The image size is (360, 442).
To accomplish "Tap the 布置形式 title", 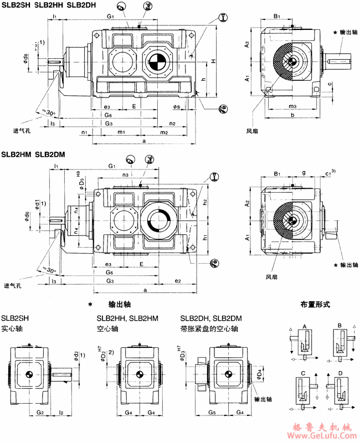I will [x=315, y=305].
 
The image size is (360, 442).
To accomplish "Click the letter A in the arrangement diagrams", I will [x=304, y=327].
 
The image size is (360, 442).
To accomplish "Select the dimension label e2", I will [x=177, y=282].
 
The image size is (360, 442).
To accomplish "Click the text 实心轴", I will [x=11, y=328].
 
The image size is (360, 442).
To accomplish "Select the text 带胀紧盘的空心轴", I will [x=209, y=328].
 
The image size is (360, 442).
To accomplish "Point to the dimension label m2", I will [x=164, y=133].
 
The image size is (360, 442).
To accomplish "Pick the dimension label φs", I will [x=176, y=105].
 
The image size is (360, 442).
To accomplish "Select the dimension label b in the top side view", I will [x=292, y=115].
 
